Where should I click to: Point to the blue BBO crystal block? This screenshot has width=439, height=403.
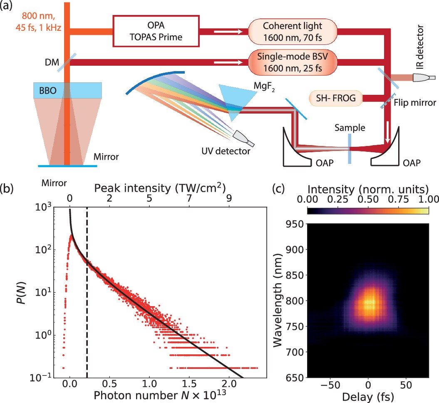[x=67, y=90]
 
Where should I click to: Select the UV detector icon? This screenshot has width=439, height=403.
[x=241, y=136]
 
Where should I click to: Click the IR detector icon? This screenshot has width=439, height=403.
[x=423, y=77]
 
